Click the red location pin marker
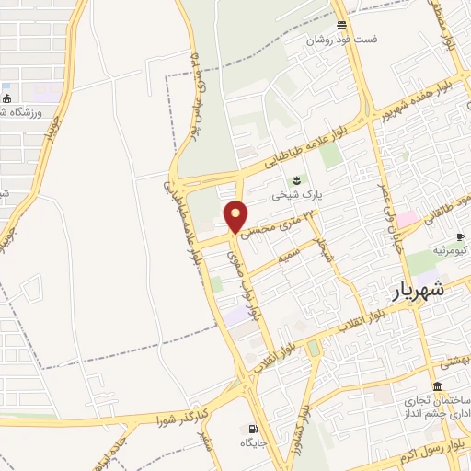(236, 216)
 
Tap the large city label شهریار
(411, 289)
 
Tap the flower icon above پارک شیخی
(296, 179)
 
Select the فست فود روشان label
(341, 40)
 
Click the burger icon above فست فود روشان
(341, 25)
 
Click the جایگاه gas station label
(253, 443)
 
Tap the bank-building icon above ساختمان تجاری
(436, 386)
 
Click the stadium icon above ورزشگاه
(7, 98)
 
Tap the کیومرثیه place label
(451, 250)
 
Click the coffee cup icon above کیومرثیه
(460, 236)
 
